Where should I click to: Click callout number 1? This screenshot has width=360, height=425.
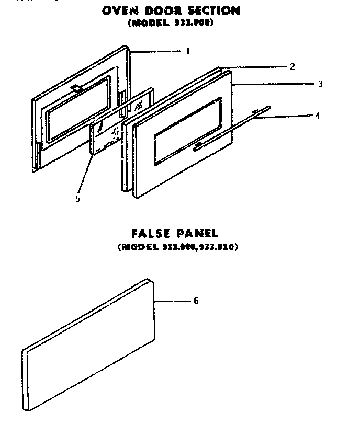pos(187,51)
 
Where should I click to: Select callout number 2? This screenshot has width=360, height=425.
pos(292,66)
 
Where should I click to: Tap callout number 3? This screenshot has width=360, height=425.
pos(320,84)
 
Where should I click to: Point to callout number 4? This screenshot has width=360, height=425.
pos(317,116)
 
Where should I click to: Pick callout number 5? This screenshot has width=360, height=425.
pos(77,199)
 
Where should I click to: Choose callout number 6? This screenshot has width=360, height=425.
pos(196,301)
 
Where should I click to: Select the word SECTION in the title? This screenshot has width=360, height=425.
pos(217,10)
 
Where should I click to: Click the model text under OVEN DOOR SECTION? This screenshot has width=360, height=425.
pos(170,23)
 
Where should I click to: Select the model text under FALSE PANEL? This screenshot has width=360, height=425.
pos(178,247)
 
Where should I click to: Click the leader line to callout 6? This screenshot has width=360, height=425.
pos(173,301)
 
